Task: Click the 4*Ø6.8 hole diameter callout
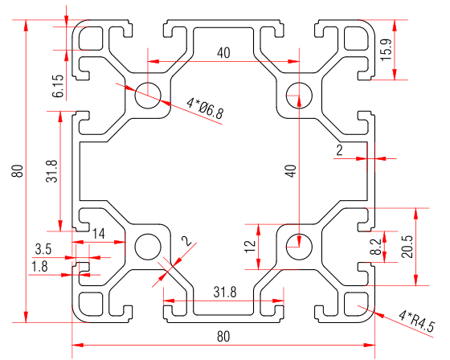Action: coord(203,108)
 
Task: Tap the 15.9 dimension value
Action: coord(386,51)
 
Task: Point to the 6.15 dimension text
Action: coord(57,86)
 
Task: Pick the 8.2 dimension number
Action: coord(374,247)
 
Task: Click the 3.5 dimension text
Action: coord(43,249)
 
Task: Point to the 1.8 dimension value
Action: coord(39,265)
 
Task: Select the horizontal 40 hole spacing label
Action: coord(223,53)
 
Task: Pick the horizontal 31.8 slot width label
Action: coord(224,293)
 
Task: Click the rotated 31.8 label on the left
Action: coord(51,170)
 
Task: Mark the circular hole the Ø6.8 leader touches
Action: coord(149,96)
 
